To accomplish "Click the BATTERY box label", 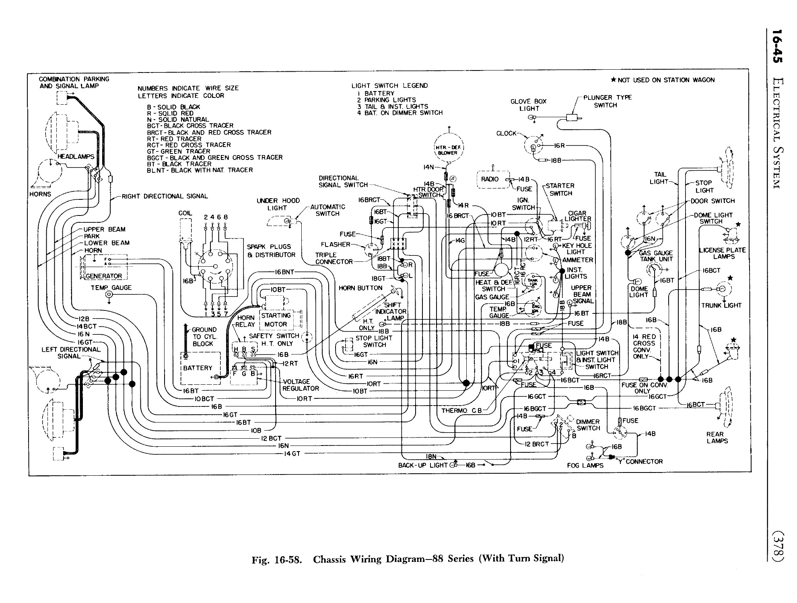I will coord(197,368).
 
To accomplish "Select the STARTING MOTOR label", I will coord(276,320).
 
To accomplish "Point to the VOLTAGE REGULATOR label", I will coord(300,385).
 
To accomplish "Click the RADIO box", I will coord(490,179).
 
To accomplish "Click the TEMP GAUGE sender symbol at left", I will coord(109,295).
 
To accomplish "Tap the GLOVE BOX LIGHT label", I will coord(528,105).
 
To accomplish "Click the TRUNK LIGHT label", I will coord(721,305).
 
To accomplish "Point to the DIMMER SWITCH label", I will coord(588,425).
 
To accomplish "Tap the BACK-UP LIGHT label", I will coord(422,465).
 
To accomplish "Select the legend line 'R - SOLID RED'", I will coord(170,113).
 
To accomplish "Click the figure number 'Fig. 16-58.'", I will coord(276,559).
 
